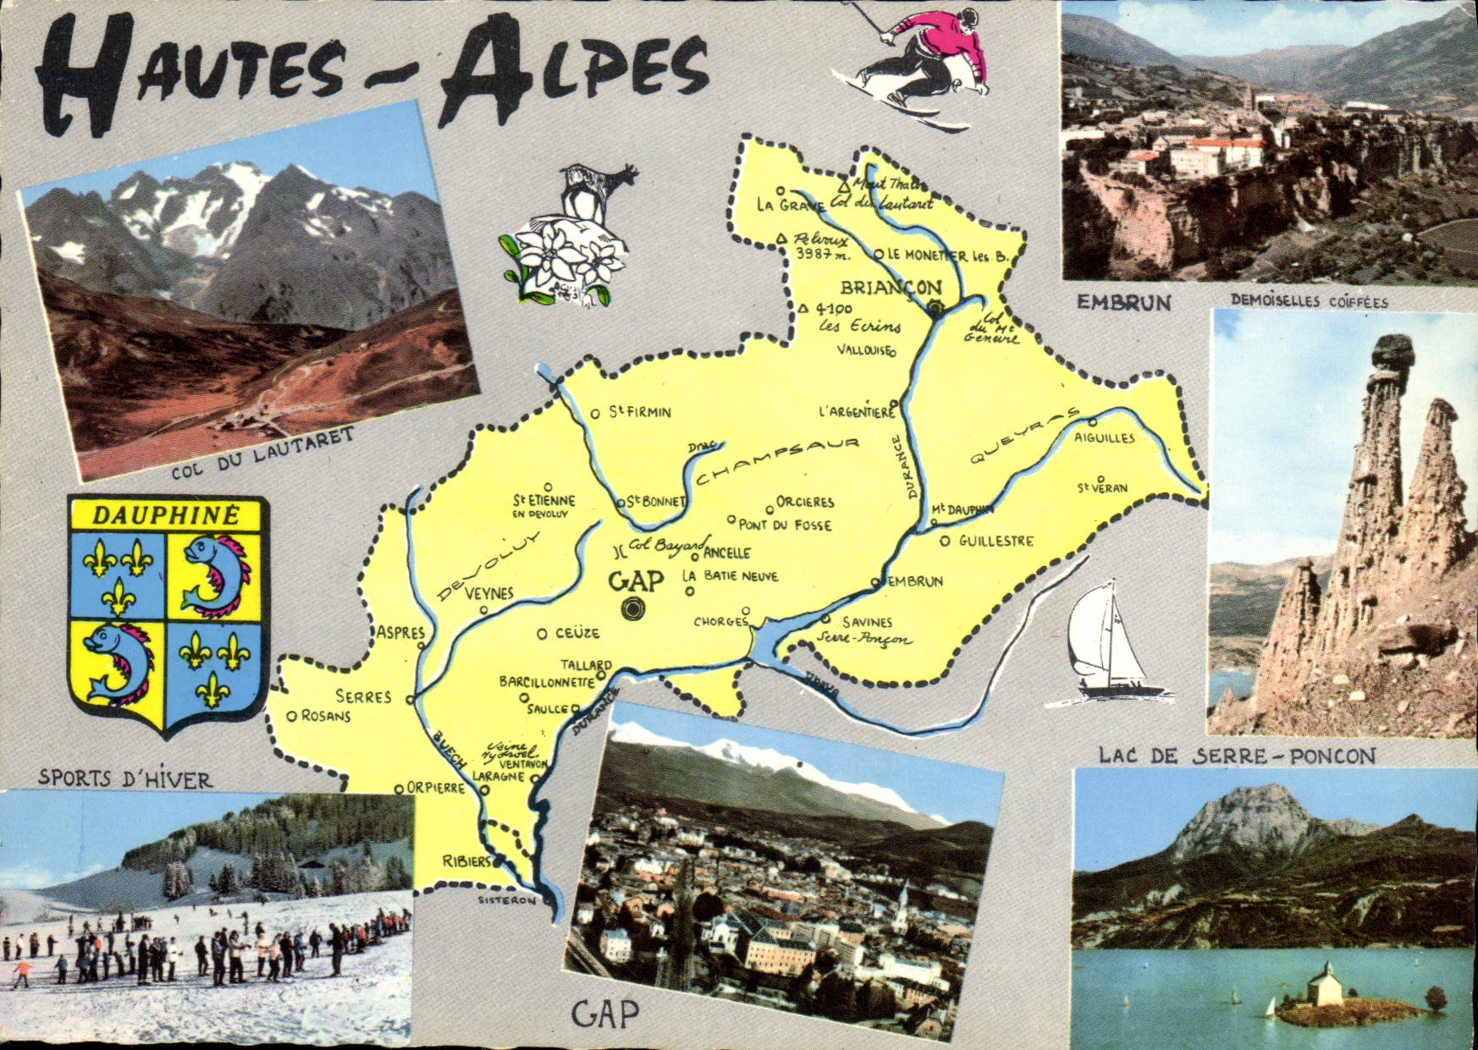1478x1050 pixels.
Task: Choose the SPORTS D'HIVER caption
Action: point(124,778)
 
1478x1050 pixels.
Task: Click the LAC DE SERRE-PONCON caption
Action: point(1237,756)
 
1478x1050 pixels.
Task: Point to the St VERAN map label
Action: point(1102,488)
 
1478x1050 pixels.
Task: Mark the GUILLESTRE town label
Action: point(995,541)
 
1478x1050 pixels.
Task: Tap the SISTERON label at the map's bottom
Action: point(507,900)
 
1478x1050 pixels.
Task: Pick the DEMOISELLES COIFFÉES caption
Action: point(1310,301)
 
